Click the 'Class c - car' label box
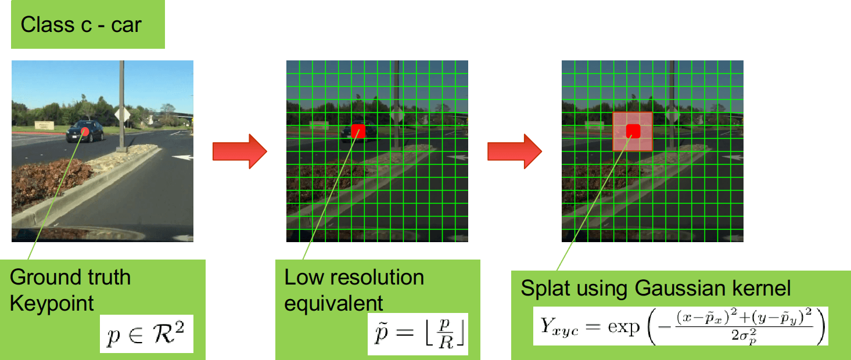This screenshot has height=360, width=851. (87, 24)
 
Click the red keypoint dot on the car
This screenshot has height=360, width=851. (85, 131)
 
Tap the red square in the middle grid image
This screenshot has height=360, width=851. (358, 131)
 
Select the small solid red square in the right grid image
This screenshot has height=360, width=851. (633, 131)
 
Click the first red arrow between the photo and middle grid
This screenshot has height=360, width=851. (239, 151)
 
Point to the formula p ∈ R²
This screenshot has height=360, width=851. (146, 334)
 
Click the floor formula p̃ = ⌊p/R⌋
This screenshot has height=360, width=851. (417, 335)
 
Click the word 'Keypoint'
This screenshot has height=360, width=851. (52, 303)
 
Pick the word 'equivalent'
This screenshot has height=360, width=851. (333, 303)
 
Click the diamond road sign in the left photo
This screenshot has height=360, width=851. (122, 115)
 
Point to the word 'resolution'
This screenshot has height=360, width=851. (378, 277)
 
